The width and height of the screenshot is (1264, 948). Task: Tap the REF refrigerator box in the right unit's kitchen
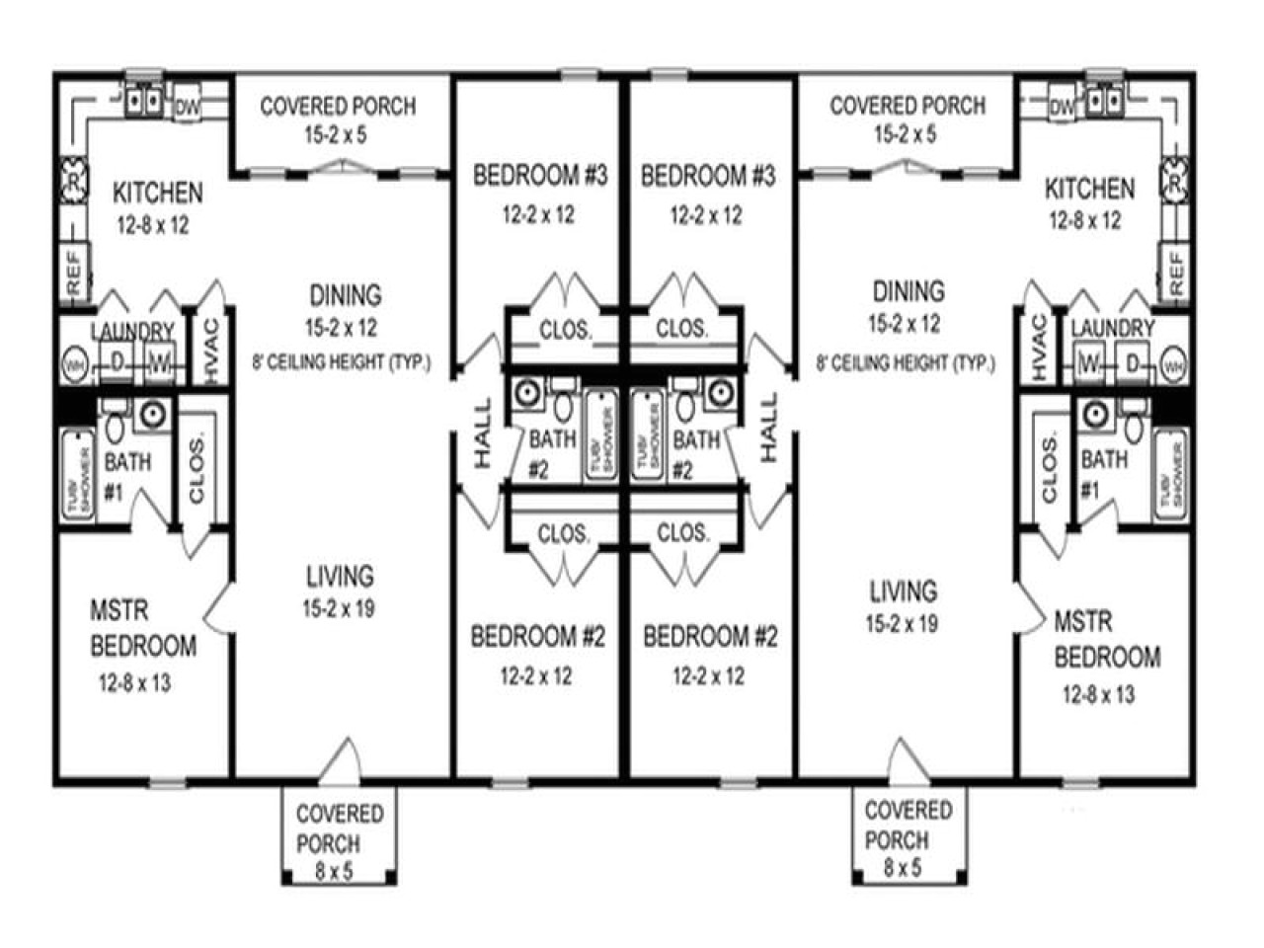tap(1175, 272)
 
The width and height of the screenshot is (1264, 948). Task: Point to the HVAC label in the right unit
tap(1039, 347)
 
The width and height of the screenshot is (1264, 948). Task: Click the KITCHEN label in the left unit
tap(157, 192)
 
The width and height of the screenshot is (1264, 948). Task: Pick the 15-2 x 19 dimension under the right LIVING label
tap(902, 623)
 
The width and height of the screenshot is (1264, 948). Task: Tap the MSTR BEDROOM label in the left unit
tap(142, 629)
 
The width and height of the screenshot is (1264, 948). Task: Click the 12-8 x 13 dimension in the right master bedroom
tap(1098, 694)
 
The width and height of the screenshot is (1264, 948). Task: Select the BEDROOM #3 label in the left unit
tap(539, 176)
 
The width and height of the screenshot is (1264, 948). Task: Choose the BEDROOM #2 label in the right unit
tap(710, 637)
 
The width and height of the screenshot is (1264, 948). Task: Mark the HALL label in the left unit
tap(482, 432)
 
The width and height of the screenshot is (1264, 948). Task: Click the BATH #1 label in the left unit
tap(127, 474)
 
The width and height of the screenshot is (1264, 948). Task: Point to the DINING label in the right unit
tap(908, 291)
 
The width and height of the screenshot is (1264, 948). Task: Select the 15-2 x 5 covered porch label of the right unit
tap(907, 118)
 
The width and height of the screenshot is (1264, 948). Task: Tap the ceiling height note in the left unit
tap(342, 362)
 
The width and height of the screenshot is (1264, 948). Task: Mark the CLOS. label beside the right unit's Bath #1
tap(1049, 468)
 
